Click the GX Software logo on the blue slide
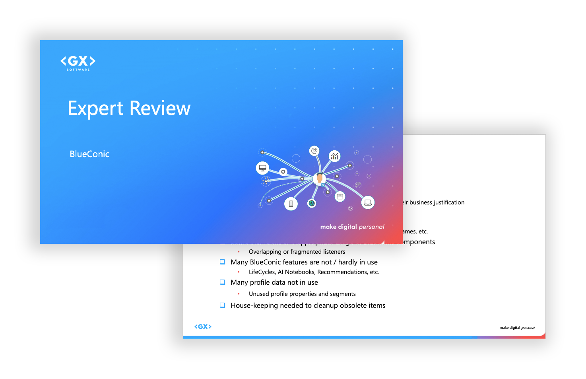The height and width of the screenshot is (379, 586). tap(78, 62)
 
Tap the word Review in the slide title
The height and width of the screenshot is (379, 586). tap(160, 109)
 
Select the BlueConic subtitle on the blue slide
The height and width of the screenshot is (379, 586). tap(89, 154)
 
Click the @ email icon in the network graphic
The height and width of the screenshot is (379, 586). tap(314, 151)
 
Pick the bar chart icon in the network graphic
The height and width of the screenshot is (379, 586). tap(335, 156)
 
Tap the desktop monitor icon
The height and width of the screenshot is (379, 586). tap(262, 168)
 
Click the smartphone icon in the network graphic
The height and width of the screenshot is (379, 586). tap(291, 204)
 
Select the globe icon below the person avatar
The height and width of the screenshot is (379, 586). tap(312, 203)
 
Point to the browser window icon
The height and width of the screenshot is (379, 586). tap(340, 196)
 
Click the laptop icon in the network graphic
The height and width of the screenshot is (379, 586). tap(368, 202)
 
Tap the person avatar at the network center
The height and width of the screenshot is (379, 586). tap(319, 178)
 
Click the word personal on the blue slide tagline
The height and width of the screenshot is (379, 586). tap(371, 227)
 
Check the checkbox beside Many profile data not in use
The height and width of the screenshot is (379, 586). tap(223, 282)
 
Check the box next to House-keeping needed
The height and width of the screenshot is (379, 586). tap(223, 305)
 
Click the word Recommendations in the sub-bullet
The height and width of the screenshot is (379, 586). tap(342, 272)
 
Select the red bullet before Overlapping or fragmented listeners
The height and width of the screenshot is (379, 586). tap(239, 252)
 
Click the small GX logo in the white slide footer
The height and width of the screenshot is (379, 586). tap(203, 327)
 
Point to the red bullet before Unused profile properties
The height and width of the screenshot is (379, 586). tap(239, 294)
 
